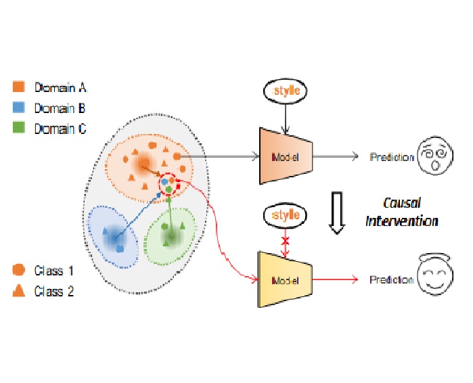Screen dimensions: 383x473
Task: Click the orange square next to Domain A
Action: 19,87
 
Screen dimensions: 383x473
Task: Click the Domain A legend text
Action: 61,87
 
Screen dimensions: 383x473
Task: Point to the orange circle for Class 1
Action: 19,270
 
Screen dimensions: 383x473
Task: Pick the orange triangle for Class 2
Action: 19,292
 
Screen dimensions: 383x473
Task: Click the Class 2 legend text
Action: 55,292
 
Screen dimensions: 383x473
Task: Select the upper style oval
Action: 284,90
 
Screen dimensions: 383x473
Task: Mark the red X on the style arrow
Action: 286,242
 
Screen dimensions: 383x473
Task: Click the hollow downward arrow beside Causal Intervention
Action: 336,211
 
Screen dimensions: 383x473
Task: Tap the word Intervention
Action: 401,221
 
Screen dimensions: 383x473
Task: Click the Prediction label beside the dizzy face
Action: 392,158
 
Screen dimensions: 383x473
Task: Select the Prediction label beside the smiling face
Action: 392,279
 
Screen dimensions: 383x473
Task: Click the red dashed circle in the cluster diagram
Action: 168,184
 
